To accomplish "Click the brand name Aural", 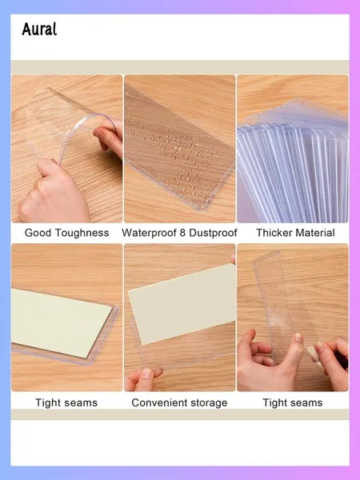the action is [39, 30].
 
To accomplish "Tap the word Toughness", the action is [82, 233].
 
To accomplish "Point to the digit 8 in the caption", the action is [182, 233].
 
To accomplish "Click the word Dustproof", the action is [213, 233].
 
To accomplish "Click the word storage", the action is [209, 403].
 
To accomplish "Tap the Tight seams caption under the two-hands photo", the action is [292, 402].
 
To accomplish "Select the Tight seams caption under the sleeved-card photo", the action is [66, 402].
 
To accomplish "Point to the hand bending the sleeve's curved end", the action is [110, 138].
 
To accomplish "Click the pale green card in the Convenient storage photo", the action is [182, 304].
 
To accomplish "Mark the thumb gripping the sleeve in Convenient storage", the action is [147, 375].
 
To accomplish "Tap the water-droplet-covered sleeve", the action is [179, 147].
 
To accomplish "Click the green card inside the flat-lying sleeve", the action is [62, 322].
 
